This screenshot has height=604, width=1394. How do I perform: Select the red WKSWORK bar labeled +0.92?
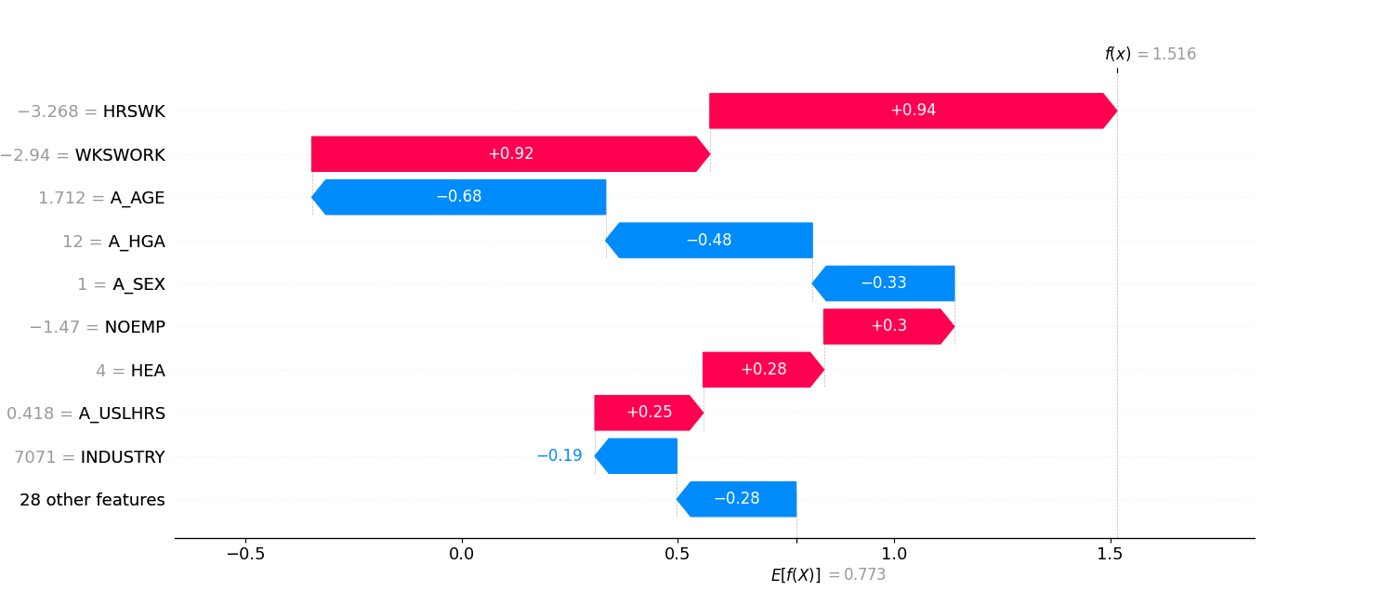(x=510, y=154)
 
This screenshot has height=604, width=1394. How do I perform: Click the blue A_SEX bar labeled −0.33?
(x=883, y=283)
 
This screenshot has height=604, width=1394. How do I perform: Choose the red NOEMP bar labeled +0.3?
(x=888, y=326)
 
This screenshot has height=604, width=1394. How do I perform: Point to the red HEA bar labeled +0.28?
(x=763, y=370)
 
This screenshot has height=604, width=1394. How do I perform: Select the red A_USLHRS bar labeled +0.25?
(x=649, y=413)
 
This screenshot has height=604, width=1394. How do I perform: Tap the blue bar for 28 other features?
(x=736, y=499)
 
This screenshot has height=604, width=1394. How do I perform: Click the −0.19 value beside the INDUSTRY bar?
(x=559, y=456)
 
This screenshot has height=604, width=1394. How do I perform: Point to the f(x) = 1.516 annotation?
(x=1150, y=55)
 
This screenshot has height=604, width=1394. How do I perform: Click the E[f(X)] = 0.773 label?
(x=827, y=575)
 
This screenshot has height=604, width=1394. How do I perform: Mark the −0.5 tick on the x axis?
(x=245, y=555)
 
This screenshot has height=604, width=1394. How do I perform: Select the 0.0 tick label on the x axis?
(x=461, y=555)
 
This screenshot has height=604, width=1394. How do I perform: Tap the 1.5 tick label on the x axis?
(x=1110, y=555)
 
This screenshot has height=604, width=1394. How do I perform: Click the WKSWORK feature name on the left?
(x=120, y=155)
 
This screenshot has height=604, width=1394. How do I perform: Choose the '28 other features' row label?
(x=92, y=500)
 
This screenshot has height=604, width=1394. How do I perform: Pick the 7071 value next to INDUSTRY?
(x=33, y=457)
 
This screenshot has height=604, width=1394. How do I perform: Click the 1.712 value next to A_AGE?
(x=61, y=198)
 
